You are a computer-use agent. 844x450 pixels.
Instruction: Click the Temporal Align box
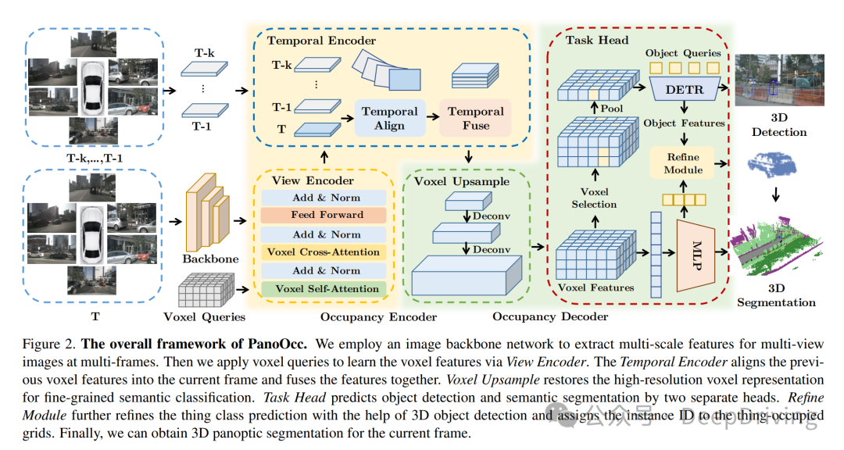[389, 118]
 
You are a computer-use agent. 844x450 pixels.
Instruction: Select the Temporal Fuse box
[475, 118]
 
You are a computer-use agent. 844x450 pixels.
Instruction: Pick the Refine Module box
[682, 162]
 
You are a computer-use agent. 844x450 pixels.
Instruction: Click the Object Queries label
[682, 52]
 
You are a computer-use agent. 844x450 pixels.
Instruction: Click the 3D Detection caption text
[779, 125]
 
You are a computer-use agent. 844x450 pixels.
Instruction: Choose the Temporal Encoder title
[321, 40]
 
